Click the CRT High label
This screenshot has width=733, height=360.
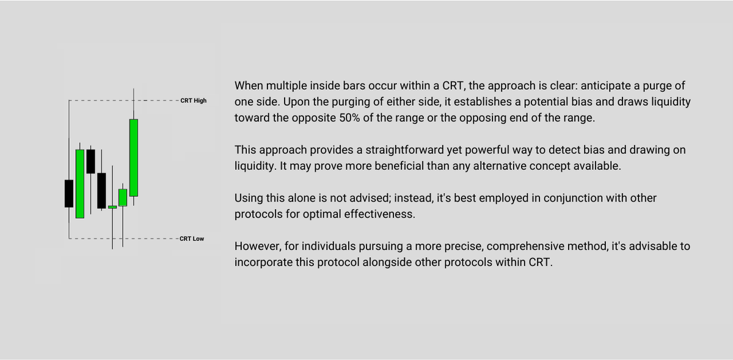194,100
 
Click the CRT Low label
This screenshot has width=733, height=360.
192,238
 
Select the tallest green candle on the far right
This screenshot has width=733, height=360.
133,158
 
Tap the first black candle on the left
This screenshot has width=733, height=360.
69,193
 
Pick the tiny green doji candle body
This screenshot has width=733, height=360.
112,207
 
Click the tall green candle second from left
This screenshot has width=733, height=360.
79,183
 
